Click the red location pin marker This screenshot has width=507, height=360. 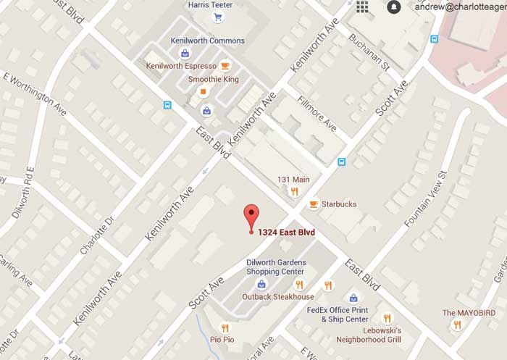point(251,215)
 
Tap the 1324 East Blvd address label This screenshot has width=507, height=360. point(286,233)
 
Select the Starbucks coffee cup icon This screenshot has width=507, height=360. point(313,204)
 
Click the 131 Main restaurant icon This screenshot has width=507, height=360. point(294,191)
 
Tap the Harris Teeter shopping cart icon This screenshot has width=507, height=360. point(217,17)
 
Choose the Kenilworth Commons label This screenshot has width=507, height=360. point(208,41)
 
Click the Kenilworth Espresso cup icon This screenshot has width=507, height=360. point(225,65)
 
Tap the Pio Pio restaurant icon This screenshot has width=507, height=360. point(225,328)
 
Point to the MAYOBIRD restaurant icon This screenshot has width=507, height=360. point(456,325)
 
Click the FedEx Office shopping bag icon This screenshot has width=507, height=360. point(353,298)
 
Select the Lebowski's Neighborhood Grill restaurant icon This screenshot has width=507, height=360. point(387,318)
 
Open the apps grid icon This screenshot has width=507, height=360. point(362,7)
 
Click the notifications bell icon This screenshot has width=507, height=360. point(393,7)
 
